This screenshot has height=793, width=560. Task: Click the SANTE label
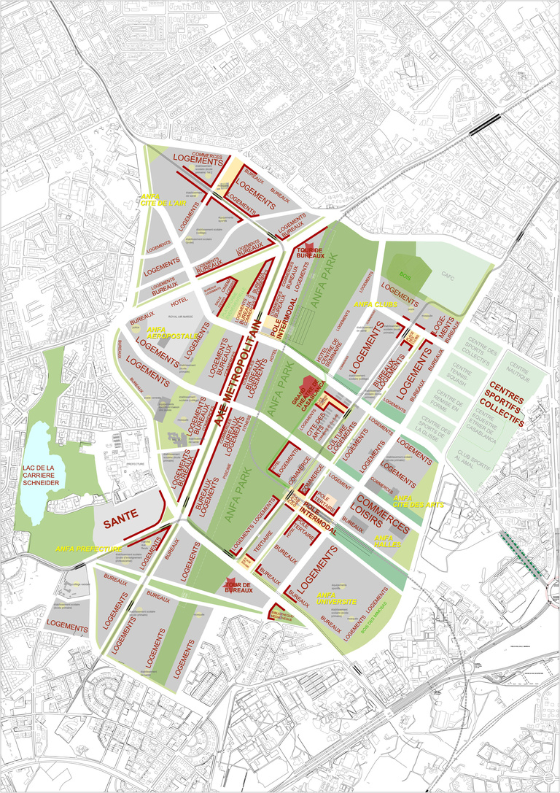click(120, 523)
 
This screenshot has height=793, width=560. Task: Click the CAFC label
click(446, 275)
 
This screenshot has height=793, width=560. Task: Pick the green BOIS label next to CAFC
click(405, 275)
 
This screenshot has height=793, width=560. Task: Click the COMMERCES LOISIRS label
click(385, 515)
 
